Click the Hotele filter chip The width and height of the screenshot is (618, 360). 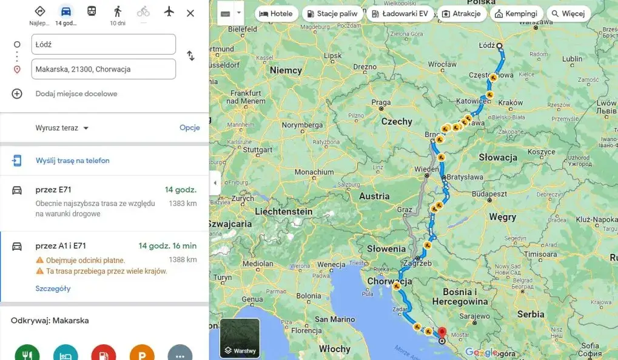click(x=276, y=13)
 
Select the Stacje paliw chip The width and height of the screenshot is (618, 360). click(x=332, y=13)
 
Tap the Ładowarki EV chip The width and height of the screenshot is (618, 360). click(x=400, y=13)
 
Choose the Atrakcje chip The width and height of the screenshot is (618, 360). click(x=461, y=13)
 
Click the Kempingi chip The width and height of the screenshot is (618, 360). click(x=516, y=13)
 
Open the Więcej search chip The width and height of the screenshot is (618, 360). click(x=568, y=13)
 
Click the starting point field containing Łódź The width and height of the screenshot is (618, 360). click(x=104, y=44)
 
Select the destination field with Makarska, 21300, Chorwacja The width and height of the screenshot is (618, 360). click(x=104, y=69)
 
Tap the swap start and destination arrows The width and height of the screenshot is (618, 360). click(x=190, y=56)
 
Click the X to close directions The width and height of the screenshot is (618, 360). click(x=190, y=13)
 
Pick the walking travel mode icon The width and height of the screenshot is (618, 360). click(x=117, y=12)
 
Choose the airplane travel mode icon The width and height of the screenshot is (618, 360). click(x=169, y=12)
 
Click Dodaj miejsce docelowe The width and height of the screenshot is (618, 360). click(x=76, y=94)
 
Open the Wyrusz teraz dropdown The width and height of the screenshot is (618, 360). click(x=62, y=128)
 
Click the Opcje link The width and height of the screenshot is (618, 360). click(x=189, y=128)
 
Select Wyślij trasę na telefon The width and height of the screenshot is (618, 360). click(x=72, y=161)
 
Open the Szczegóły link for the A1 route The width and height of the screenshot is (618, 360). click(x=53, y=288)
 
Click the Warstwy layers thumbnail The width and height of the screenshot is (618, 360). click(x=240, y=338)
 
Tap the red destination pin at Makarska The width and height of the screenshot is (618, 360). click(x=442, y=332)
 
